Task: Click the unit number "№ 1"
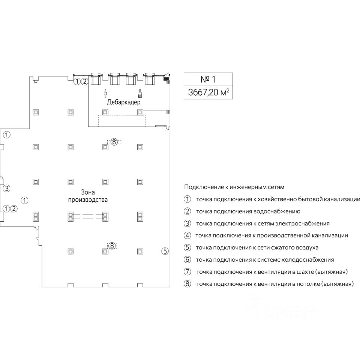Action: (208, 79)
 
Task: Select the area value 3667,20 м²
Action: (208, 92)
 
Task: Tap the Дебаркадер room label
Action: (123, 102)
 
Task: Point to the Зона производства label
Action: (88, 196)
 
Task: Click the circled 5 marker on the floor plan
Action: (165, 251)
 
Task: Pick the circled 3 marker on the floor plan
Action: (6, 188)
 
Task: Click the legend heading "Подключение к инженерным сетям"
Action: (234, 187)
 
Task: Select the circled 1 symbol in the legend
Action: (187, 199)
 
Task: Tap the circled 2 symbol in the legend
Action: (187, 211)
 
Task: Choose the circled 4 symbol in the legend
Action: (187, 235)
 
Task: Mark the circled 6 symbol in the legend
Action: (187, 259)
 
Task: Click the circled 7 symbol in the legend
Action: (187, 271)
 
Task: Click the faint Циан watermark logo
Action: (285, 309)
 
